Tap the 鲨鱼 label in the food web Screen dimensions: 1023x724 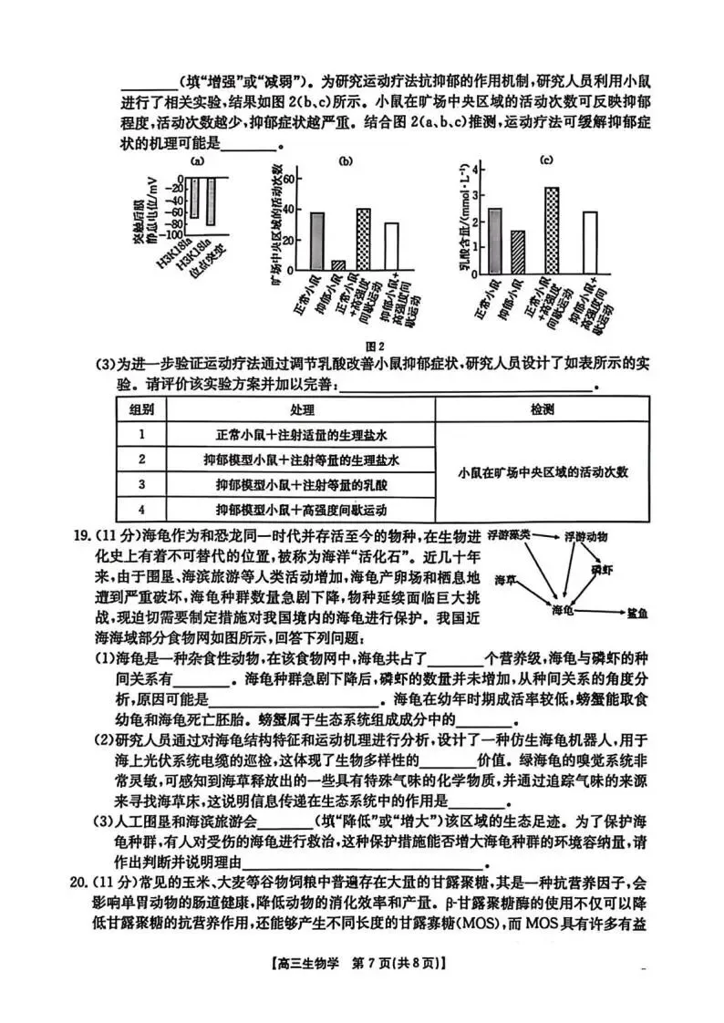pyautogui.click(x=636, y=614)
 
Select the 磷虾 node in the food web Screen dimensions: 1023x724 pyautogui.click(x=602, y=569)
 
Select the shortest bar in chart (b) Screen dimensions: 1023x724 pyautogui.click(x=338, y=265)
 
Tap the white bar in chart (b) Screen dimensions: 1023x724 pyautogui.click(x=391, y=246)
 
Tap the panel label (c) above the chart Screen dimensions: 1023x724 pyautogui.click(x=547, y=160)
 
